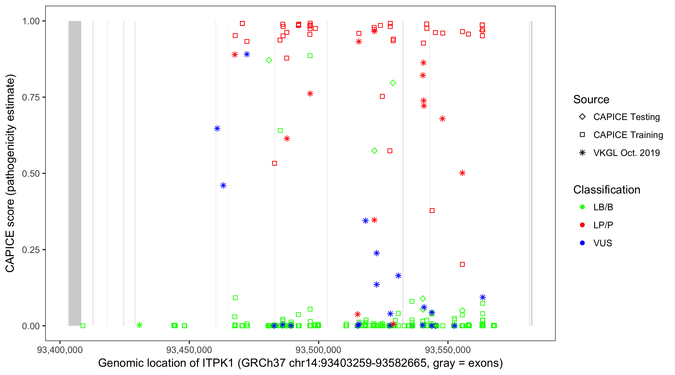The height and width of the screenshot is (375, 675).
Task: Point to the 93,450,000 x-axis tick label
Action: tap(189, 350)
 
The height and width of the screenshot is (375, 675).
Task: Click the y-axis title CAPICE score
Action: tap(10, 173)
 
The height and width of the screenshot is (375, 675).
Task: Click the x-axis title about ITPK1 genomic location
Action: tap(300, 363)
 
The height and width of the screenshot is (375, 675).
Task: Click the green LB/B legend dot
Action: tap(582, 207)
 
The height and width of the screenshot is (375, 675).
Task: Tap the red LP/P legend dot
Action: tap(582, 225)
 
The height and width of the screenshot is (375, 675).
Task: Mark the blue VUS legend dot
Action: tap(582, 243)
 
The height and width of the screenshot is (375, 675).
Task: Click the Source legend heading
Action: tap(591, 99)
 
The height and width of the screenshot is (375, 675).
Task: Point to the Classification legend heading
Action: tap(606, 190)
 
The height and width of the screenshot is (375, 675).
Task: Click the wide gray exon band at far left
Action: tap(75, 173)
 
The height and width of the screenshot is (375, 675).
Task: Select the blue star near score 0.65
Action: tap(217, 128)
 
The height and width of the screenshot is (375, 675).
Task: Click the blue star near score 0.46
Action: tap(223, 185)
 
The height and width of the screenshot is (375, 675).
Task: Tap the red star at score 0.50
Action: tap(462, 173)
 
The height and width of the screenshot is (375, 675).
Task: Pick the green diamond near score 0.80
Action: tap(393, 83)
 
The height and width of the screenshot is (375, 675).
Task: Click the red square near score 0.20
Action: tap(462, 264)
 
